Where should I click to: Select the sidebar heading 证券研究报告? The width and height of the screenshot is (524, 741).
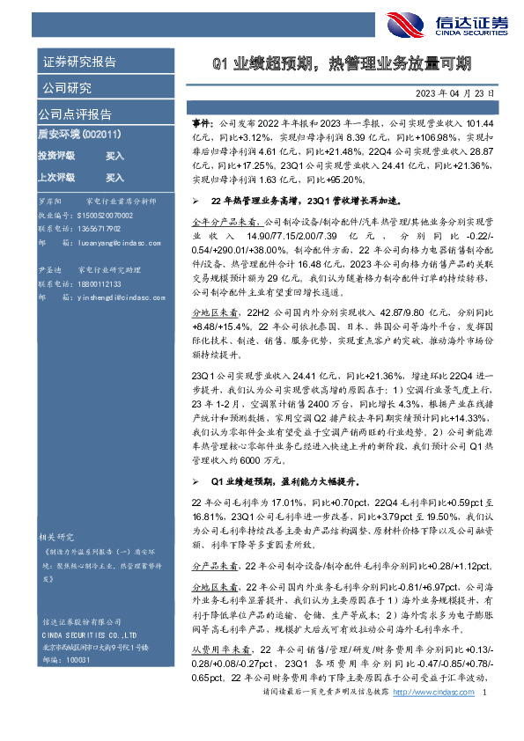(79, 62)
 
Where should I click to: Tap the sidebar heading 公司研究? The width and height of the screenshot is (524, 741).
(65, 88)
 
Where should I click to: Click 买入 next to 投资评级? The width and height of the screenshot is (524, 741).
(114, 155)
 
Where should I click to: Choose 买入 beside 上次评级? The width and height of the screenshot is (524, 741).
(114, 176)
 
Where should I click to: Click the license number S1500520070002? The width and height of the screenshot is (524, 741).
(104, 215)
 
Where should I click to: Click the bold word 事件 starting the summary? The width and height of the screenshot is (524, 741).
(202, 126)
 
